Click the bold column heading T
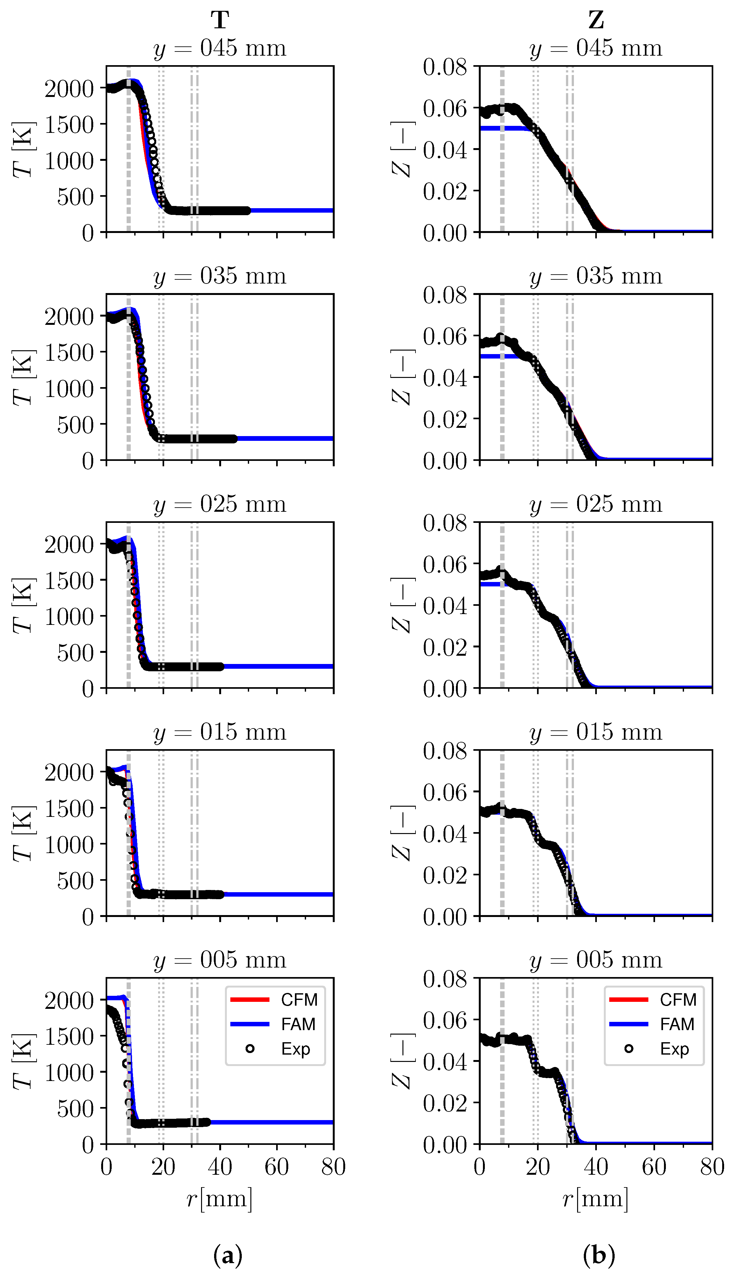pyautogui.click(x=220, y=21)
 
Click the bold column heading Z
pyautogui.click(x=596, y=21)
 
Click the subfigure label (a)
pyautogui.click(x=228, y=1255)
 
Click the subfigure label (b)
pyautogui.click(x=598, y=1255)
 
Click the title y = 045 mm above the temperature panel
pyautogui.click(x=220, y=49)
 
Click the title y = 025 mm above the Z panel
pyautogui.click(x=596, y=504)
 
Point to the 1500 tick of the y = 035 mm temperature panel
pyautogui.click(x=69, y=352)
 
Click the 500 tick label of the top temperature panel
pyautogui.click(x=75, y=197)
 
